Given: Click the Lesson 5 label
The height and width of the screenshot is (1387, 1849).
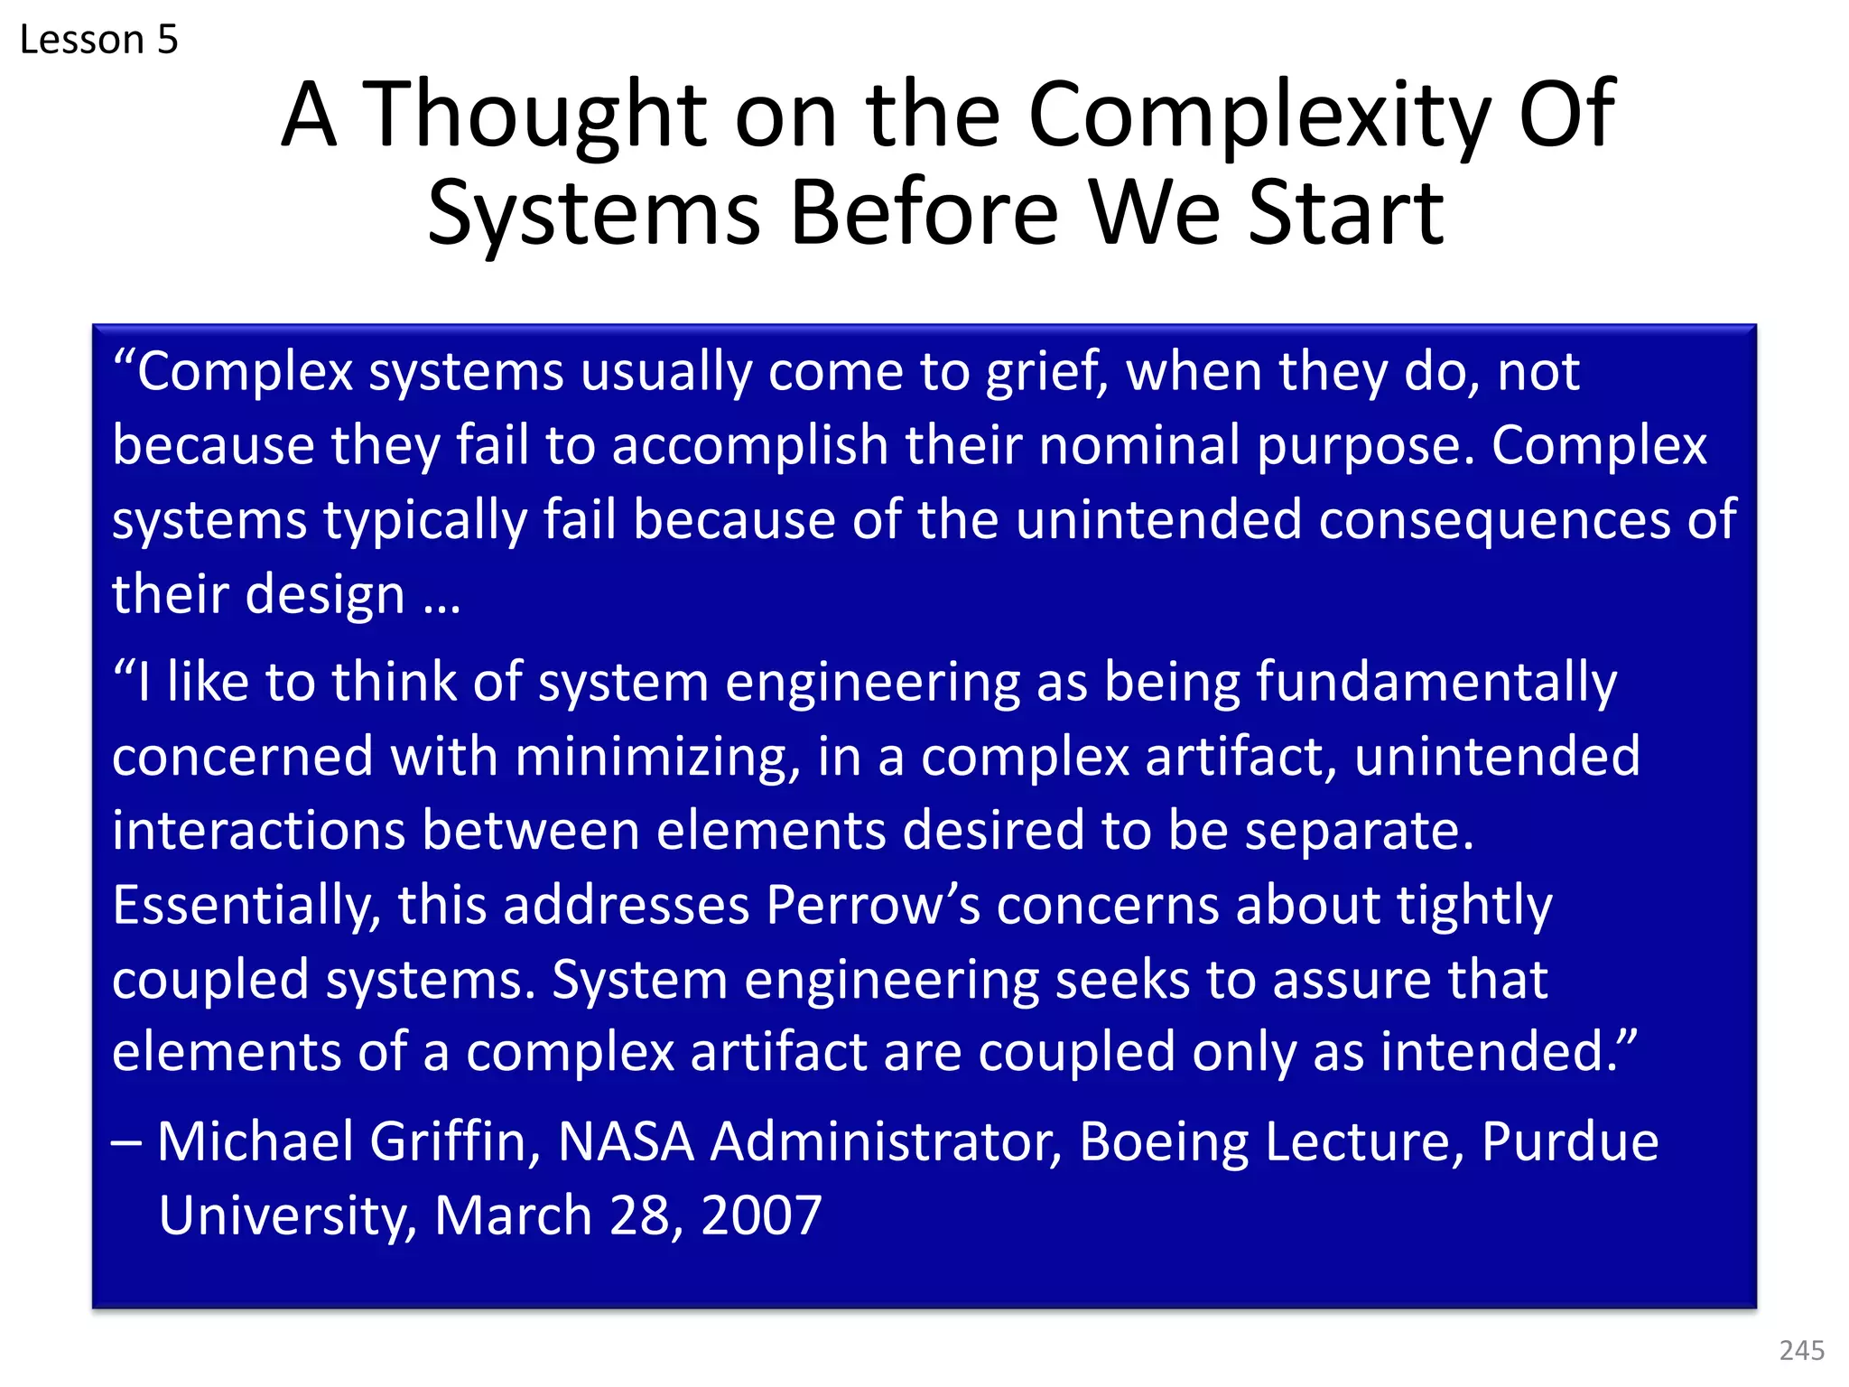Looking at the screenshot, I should [98, 40].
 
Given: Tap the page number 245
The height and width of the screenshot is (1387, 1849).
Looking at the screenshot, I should [1802, 1350].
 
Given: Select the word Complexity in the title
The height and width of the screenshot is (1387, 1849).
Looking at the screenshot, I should [1259, 117].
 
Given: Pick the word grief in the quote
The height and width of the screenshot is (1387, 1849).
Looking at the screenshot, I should [1045, 373].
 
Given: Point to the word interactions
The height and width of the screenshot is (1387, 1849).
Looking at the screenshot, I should [258, 831].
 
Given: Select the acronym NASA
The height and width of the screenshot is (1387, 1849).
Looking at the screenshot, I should [626, 1142].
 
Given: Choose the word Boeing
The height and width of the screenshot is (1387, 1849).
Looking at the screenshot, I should [1164, 1142].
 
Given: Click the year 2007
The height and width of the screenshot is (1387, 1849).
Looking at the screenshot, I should [761, 1216].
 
